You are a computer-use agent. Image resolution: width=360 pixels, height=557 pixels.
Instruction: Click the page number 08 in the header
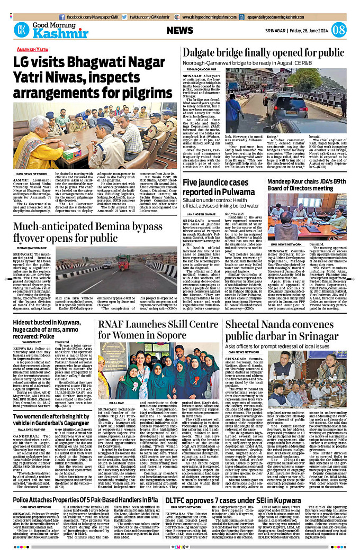pyautogui.click(x=339, y=30)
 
